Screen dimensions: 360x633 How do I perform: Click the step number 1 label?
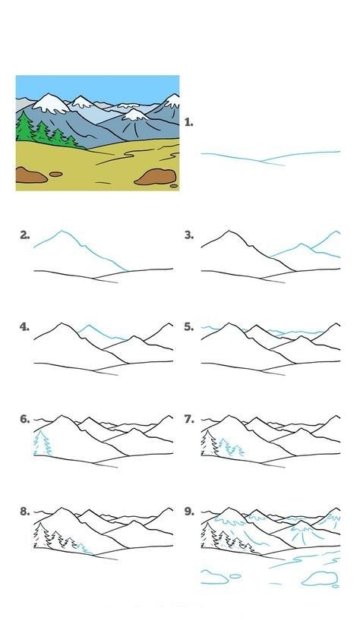(x=188, y=122)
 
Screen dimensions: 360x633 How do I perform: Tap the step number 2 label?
(x=24, y=235)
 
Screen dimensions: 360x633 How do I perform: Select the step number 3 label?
(x=189, y=235)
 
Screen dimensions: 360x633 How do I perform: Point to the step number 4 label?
(x=24, y=327)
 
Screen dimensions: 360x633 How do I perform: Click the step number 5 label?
(x=189, y=327)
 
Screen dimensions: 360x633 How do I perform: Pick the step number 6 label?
(x=24, y=420)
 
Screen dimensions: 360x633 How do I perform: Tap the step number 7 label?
(x=189, y=420)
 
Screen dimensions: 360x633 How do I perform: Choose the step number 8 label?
(x=24, y=512)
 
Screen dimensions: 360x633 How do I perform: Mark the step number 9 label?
(x=189, y=512)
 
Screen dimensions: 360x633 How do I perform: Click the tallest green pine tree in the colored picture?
(x=25, y=127)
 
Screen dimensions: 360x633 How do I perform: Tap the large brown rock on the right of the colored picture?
(x=156, y=177)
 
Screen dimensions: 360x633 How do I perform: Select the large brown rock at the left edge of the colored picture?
(x=30, y=175)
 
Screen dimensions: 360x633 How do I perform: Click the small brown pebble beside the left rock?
(x=55, y=175)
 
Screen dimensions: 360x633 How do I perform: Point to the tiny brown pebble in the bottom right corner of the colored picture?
(x=174, y=186)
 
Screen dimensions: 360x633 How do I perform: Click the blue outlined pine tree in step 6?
(x=42, y=444)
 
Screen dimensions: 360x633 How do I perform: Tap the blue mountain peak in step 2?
(x=62, y=231)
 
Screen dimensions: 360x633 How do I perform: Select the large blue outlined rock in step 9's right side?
(x=320, y=578)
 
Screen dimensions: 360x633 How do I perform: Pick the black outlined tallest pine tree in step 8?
(x=41, y=535)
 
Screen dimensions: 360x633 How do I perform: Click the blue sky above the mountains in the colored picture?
(x=97, y=87)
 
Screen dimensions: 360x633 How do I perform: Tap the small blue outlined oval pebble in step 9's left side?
(x=235, y=576)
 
